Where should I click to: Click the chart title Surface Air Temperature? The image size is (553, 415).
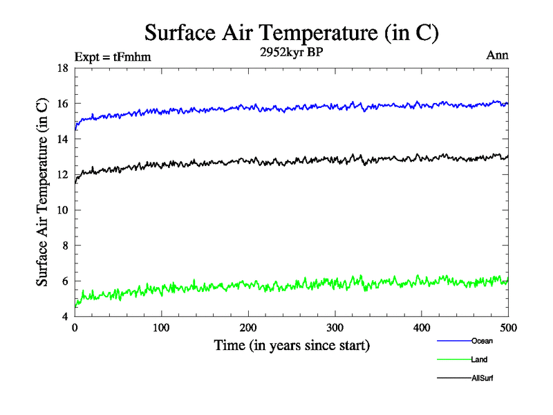(292, 33)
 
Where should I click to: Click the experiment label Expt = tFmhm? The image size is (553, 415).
(112, 57)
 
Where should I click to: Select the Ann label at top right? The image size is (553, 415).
(498, 55)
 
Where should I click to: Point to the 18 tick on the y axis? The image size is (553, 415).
(62, 68)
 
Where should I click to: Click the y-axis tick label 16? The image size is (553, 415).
(62, 104)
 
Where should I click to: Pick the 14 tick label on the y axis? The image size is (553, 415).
(62, 139)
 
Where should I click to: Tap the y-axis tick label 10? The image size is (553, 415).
(62, 210)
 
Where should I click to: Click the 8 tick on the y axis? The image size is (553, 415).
(65, 246)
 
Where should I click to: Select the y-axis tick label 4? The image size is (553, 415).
(65, 317)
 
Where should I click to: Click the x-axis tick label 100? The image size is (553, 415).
(161, 328)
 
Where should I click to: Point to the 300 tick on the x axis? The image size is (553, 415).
(335, 328)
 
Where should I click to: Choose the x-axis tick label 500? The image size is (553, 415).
(508, 328)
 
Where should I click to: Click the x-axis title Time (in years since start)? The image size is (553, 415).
(292, 345)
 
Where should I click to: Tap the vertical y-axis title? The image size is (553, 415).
(43, 192)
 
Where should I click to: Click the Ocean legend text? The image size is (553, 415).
(482, 341)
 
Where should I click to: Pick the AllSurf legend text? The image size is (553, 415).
(482, 378)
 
